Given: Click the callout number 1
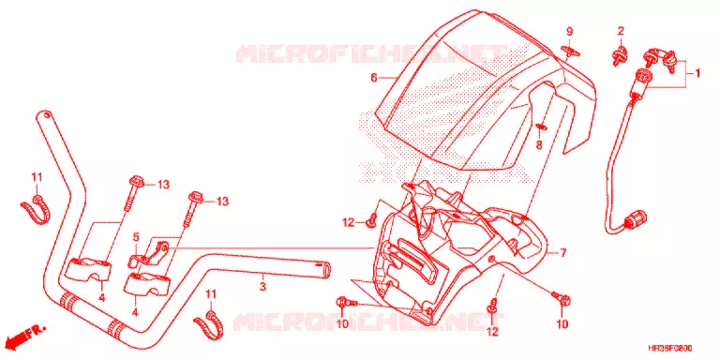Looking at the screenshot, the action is pos(697,73).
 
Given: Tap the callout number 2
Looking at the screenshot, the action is pos(621,31).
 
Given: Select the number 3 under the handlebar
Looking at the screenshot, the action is pos(262,288).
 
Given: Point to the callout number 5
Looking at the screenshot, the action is pos(136,237).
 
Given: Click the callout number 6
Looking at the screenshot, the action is pos(374,78).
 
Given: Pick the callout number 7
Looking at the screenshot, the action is pos(563,252).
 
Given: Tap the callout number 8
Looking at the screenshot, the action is pos(539,145).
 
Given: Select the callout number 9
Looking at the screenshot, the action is pos(569,32).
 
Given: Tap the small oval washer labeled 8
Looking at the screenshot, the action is pos(540,127).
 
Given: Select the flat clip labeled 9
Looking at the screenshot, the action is pos(569,52).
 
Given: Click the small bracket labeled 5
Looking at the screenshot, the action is pos(148,254).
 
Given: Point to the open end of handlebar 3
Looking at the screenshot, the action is pos(323,270).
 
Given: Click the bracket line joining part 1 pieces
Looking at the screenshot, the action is pos(686,73).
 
